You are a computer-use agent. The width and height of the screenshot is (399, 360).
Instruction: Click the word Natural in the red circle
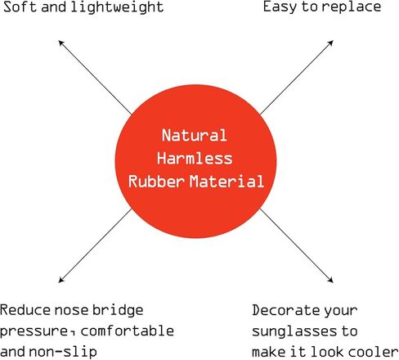195,135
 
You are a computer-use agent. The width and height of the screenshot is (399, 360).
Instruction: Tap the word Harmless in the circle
195,158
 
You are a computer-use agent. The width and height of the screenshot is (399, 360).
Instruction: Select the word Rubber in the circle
156,181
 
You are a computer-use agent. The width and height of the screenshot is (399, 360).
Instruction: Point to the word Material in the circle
226,181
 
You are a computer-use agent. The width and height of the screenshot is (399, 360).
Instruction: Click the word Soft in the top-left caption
20,7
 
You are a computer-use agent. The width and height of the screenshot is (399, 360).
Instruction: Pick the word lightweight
117,8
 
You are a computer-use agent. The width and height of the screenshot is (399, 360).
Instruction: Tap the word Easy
280,7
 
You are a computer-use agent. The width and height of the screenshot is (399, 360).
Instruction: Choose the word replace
352,7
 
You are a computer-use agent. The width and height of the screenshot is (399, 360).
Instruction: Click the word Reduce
25,310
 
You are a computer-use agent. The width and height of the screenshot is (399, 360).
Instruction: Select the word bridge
118,311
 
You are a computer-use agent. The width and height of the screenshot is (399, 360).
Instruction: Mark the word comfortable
128,331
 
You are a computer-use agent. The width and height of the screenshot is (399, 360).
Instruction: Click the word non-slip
63,351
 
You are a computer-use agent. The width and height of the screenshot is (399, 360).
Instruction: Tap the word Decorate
285,310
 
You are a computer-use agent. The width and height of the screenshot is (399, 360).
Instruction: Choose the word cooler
374,351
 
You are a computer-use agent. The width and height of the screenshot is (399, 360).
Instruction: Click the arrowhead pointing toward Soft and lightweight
61,43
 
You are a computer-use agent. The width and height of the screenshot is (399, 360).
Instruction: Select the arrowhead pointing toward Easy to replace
330,43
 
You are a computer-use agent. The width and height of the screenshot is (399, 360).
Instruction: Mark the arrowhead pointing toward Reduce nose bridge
61,280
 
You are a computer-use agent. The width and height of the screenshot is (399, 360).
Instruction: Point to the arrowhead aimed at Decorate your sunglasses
330,280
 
